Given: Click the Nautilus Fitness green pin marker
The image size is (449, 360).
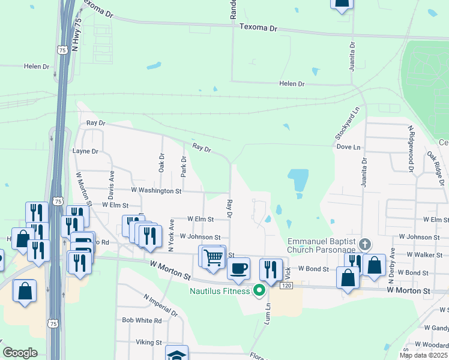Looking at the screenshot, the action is (x=259, y=291).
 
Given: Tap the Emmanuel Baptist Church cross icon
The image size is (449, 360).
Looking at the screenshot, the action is (x=365, y=244).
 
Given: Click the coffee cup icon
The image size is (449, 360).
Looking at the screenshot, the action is (x=239, y=268).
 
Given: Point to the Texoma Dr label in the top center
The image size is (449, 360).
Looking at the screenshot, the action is (x=259, y=28).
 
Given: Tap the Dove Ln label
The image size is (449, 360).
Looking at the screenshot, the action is (x=348, y=147).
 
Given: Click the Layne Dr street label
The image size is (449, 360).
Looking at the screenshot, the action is (x=85, y=152).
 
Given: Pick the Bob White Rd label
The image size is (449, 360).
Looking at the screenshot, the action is (x=142, y=321).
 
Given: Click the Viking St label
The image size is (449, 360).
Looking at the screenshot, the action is (x=150, y=343).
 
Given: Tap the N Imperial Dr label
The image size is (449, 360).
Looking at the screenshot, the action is (x=160, y=305).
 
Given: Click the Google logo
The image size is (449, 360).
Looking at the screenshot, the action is (x=20, y=353).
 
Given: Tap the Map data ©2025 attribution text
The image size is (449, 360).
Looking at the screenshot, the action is (x=423, y=355).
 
